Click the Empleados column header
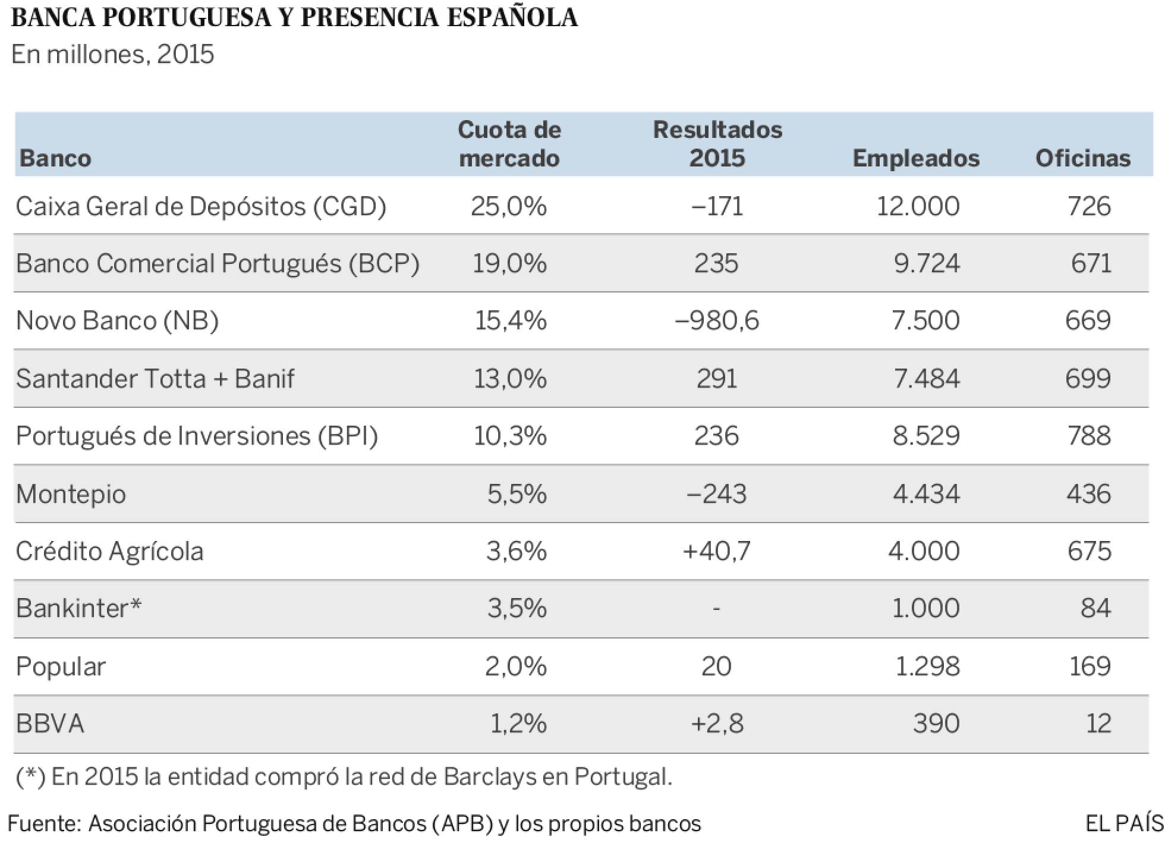[915, 158]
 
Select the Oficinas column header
[1082, 158]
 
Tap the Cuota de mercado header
[509, 144]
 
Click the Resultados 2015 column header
[717, 144]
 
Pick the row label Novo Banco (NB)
[117, 320]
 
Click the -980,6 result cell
[717, 320]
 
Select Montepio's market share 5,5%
[517, 494]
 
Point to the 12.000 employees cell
[918, 206]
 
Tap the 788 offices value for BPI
[1088, 436]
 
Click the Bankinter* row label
[78, 608]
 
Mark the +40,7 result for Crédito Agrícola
[717, 551]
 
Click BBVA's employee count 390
[936, 724]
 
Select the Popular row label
[61, 666]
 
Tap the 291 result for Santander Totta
[717, 378]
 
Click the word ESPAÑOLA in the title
[512, 18]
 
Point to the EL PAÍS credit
[1124, 823]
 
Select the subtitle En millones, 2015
[112, 55]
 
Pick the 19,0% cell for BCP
[509, 263]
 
